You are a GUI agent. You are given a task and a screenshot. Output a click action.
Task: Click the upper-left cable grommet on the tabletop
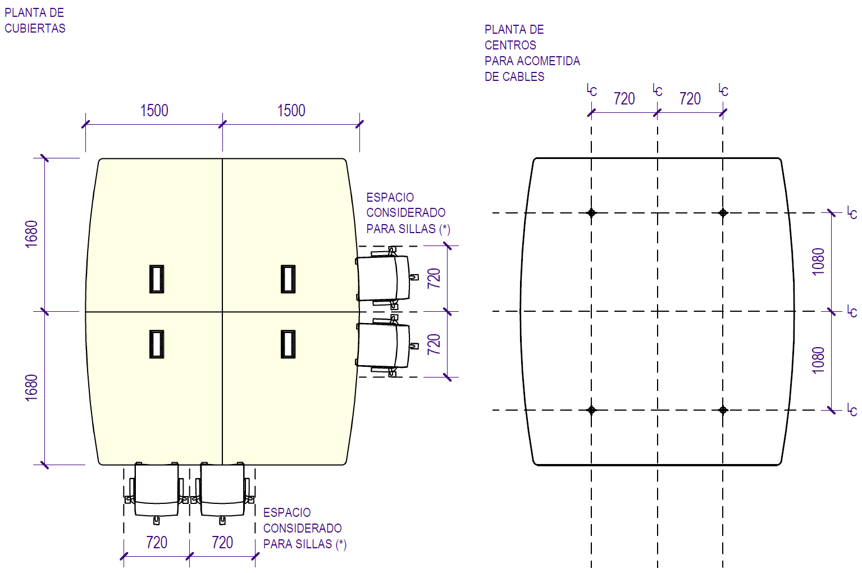157,279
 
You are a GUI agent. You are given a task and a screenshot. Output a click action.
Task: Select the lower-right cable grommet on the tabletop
288,344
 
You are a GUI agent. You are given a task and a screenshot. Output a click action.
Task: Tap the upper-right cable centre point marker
723,212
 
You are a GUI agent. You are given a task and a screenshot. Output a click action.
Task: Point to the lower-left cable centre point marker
591,410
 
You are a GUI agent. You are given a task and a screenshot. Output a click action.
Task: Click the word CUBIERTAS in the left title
35,29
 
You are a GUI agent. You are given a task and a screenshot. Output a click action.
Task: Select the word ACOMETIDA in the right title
549,61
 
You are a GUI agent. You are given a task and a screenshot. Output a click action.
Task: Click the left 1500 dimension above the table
154,111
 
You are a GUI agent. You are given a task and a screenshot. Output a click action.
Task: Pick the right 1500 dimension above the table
291,111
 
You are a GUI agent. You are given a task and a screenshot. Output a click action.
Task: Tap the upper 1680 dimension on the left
31,234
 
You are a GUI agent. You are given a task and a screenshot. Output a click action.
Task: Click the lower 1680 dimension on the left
31,388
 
